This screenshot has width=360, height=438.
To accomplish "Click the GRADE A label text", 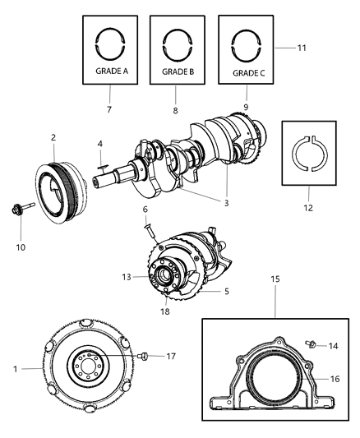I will pos(113,71).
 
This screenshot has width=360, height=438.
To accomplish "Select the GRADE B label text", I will pos(178,71).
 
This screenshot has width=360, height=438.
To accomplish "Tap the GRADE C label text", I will pos(247,72).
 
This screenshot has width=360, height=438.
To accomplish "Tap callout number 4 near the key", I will pos(99,145).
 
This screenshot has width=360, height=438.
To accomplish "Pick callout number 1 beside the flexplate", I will pos(16,368).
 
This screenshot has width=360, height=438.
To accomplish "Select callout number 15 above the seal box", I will pos(276,280).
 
